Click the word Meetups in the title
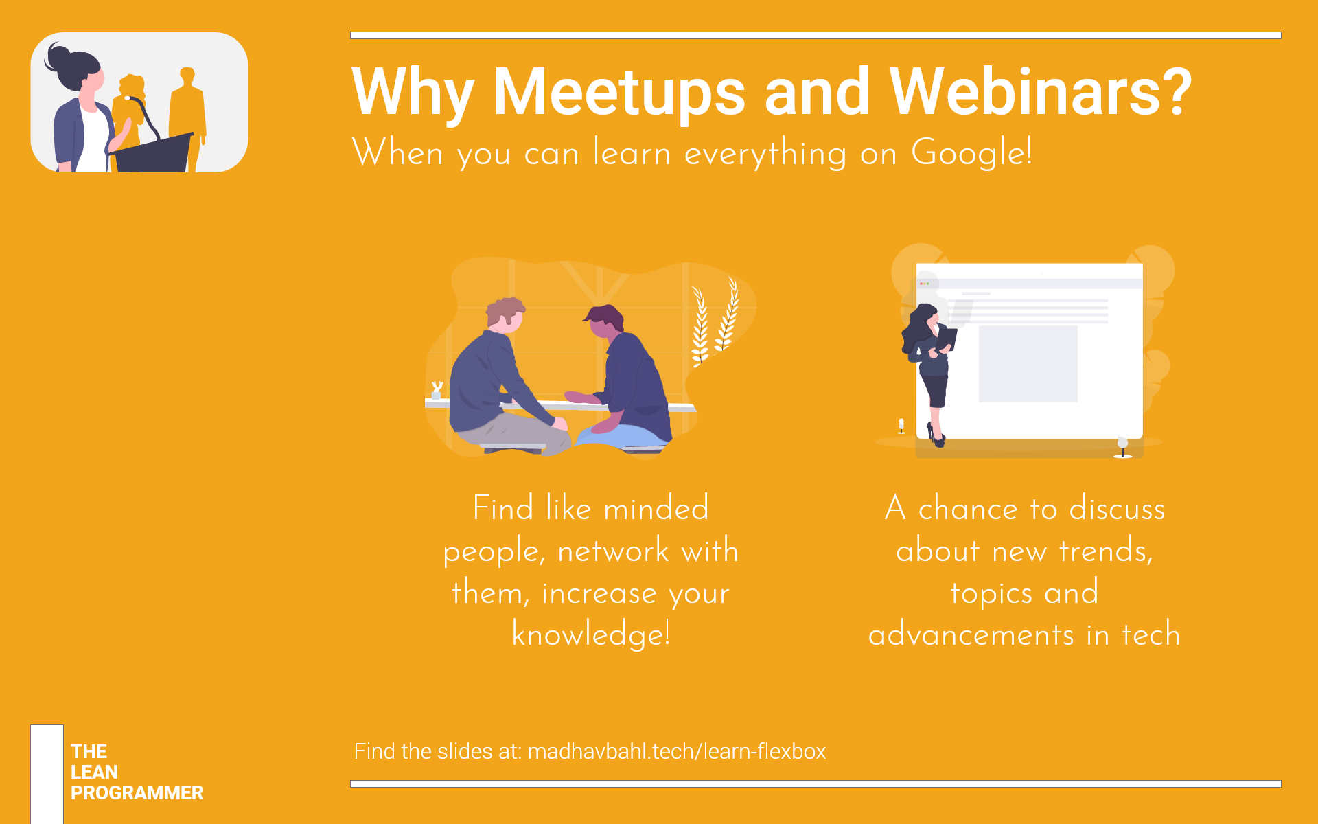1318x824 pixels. (x=619, y=93)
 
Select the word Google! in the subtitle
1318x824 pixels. (x=971, y=152)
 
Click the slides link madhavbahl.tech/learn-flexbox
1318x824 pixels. (x=676, y=751)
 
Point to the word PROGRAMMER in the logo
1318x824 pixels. (x=137, y=792)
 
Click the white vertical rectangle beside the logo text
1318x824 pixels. (x=47, y=774)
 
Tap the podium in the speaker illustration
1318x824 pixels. (x=153, y=152)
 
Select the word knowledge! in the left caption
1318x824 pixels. (x=591, y=634)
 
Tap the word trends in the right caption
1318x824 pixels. (x=1106, y=551)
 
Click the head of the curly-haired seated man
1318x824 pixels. (x=505, y=315)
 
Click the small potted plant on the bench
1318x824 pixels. (x=436, y=390)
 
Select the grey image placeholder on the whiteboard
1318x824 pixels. (x=1028, y=364)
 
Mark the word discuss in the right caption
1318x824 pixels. (x=1117, y=509)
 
